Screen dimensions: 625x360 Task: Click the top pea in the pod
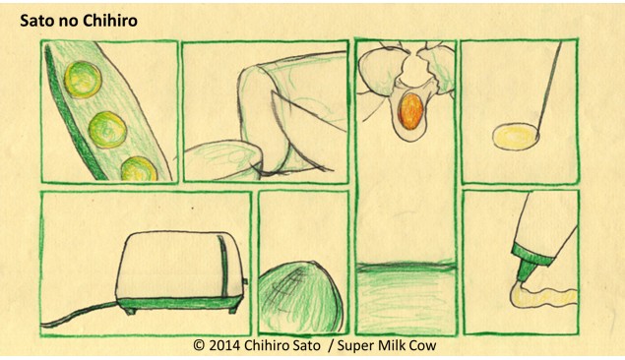83,80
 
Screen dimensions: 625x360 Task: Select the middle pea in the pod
107,130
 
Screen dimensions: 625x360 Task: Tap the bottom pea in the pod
139,169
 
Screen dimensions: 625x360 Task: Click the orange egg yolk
411,111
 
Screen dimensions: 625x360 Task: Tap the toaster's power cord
79,315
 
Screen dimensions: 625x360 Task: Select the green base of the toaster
180,304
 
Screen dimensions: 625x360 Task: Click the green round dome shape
300,297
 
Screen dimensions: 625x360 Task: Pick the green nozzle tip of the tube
527,271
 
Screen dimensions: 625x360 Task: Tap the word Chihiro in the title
111,21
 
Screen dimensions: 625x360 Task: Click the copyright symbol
199,345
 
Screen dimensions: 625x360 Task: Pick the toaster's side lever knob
245,281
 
